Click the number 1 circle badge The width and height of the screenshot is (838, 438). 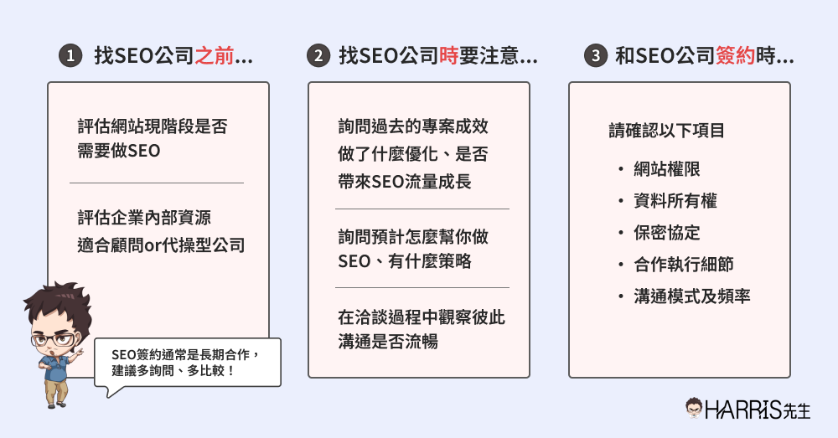(70, 57)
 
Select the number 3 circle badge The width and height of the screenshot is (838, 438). (594, 57)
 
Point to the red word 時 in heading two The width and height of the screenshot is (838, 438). (449, 57)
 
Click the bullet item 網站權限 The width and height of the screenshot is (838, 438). (667, 169)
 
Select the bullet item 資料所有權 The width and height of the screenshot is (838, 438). (675, 201)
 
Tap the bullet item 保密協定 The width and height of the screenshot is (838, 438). (667, 233)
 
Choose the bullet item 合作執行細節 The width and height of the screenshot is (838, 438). (684, 265)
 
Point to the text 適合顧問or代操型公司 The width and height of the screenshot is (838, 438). (160, 246)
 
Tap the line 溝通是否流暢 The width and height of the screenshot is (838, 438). (388, 342)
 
